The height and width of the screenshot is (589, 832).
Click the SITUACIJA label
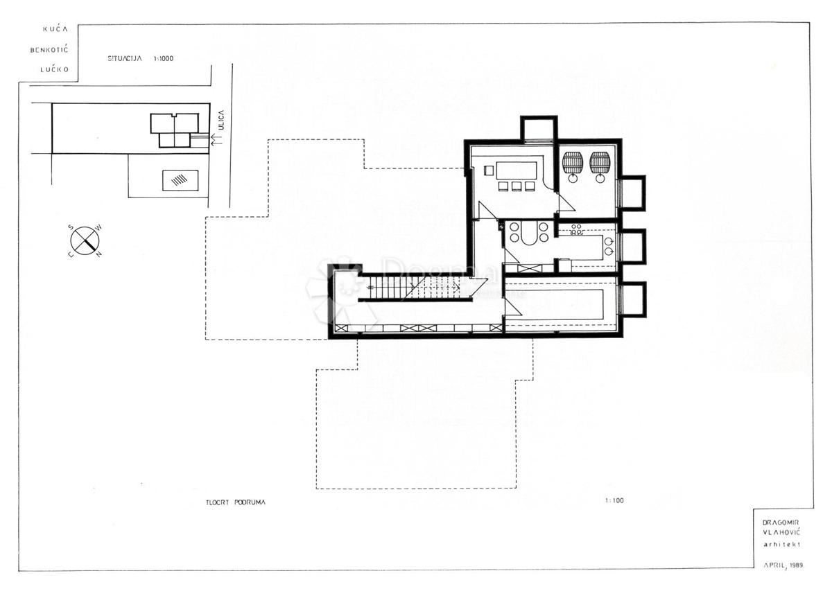click(125, 59)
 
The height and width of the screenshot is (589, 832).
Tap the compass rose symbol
click(85, 240)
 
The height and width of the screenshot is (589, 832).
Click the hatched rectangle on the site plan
click(180, 180)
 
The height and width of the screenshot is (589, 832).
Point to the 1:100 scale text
click(614, 500)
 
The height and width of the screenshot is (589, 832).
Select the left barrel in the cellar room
click(573, 163)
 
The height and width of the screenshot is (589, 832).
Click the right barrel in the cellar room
click(599, 163)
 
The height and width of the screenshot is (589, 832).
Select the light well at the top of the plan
click(538, 128)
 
